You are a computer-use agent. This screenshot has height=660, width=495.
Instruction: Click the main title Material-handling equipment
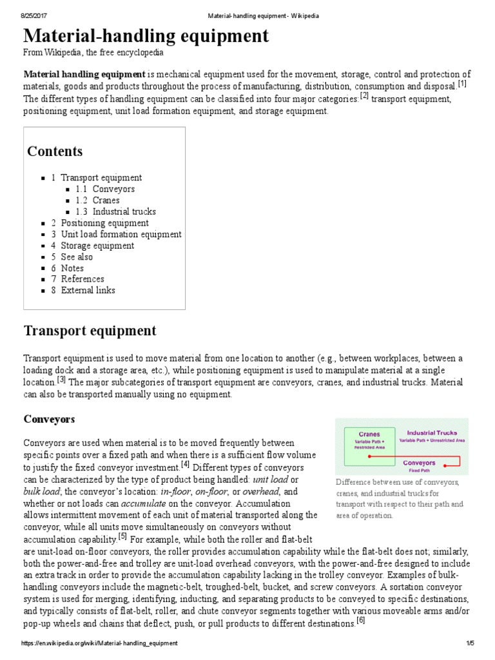coord(146,36)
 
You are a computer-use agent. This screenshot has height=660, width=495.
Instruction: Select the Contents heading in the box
coord(55,151)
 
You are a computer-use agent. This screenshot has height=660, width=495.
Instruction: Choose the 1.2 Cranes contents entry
coord(106,200)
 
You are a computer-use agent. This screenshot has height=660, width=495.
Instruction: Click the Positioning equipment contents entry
coord(104,223)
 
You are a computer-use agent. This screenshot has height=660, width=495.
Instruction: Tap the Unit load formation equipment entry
coord(121,234)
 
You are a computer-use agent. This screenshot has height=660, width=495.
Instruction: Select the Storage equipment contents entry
coord(97,246)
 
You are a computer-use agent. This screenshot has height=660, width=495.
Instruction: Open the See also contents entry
coord(76,257)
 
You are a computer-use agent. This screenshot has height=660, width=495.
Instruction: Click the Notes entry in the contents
coord(72,268)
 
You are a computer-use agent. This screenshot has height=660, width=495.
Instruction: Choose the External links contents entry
coord(88,290)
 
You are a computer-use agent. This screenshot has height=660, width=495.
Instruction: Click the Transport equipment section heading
coord(90,331)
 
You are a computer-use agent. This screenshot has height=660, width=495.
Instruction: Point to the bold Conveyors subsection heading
coord(50,419)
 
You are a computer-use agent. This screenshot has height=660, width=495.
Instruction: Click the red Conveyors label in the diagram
coord(419,463)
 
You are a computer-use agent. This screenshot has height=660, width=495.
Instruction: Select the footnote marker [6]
coord(360,621)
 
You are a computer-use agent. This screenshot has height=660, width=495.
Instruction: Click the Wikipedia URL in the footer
coord(99,643)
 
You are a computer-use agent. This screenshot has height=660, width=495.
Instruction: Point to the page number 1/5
coord(470,643)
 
